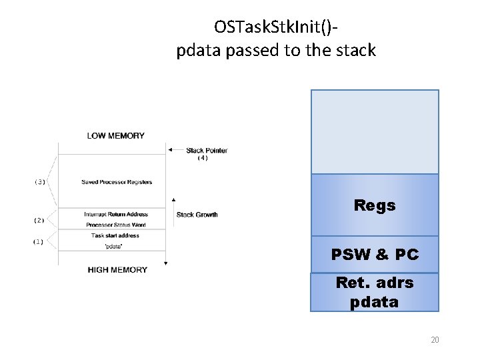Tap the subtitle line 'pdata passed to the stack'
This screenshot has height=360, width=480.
[276, 50]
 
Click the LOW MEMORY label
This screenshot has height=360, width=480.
[115, 136]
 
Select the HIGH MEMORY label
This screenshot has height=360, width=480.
[117, 270]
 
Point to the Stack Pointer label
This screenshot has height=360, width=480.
[207, 150]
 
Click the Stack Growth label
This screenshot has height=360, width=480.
[197, 215]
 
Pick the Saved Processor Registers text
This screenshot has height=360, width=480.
[117, 182]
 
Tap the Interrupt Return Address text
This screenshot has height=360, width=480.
[116, 215]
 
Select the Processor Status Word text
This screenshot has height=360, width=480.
[116, 225]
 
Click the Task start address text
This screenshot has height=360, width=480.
[115, 235]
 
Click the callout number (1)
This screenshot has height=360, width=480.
[39, 241]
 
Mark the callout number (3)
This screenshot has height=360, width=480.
[40, 182]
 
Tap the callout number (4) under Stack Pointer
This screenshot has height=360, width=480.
[203, 158]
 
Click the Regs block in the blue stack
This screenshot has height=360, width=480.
[375, 205]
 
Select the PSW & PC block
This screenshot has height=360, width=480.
[375, 254]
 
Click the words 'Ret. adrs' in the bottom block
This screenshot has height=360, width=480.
[375, 283]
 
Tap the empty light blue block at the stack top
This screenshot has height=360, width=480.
[375, 131]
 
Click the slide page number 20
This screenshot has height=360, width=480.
[435, 340]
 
